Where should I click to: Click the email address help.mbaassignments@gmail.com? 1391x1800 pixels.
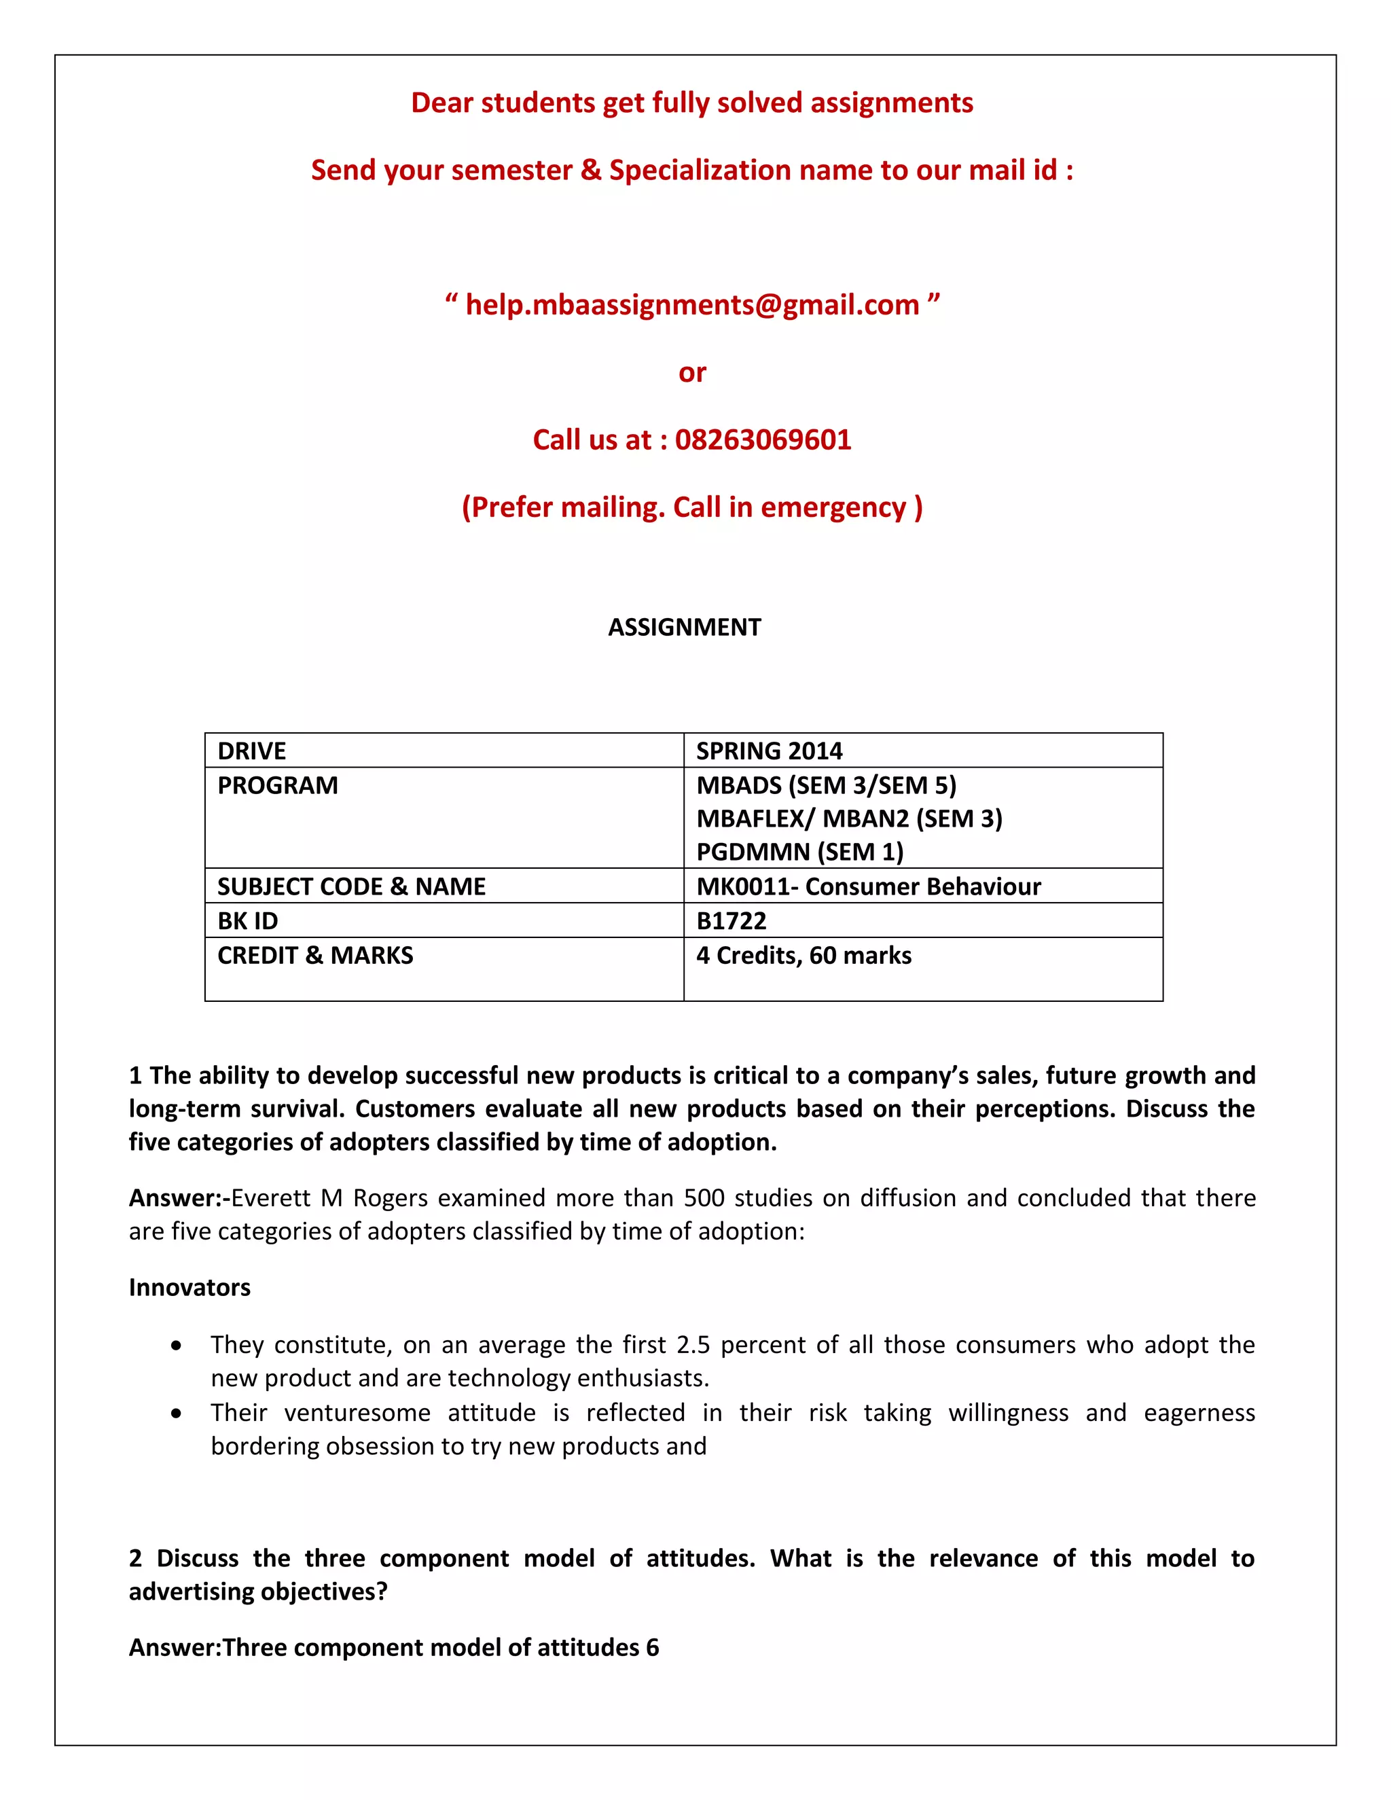691,305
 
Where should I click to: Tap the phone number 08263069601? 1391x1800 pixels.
762,439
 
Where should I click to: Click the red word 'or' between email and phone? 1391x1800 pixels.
692,372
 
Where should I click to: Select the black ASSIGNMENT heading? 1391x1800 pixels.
684,627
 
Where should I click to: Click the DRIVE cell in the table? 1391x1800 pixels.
252,751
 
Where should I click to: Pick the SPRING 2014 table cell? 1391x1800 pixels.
769,751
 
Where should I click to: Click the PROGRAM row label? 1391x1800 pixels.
278,785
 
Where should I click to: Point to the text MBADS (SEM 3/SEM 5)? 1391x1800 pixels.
826,785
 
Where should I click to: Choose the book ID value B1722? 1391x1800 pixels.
731,920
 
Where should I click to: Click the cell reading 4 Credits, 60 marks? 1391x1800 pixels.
803,955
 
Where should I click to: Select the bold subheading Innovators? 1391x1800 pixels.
189,1287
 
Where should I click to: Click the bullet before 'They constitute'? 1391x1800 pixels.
177,1346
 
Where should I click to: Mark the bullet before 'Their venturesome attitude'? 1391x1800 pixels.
177,1414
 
